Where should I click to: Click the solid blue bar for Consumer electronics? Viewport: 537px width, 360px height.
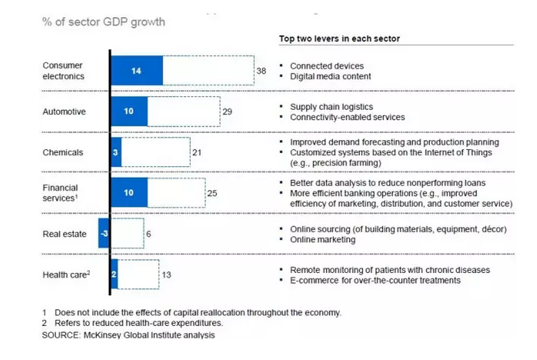click(136, 71)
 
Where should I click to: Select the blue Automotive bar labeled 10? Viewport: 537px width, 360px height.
click(129, 111)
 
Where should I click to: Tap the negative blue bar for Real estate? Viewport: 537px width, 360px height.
click(104, 234)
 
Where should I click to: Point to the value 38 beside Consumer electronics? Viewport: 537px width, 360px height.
click(261, 71)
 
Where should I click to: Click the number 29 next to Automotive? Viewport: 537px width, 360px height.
click(227, 112)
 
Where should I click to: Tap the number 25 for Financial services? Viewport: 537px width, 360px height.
click(211, 193)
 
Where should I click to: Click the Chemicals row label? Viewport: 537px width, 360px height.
click(63, 152)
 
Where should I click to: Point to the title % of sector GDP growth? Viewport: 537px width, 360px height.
click(104, 21)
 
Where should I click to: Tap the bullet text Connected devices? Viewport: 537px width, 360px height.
click(326, 66)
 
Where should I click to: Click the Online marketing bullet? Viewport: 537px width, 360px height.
click(323, 239)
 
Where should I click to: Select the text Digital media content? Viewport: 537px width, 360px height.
click(330, 76)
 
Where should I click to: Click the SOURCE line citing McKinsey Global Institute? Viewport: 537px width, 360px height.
click(128, 334)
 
